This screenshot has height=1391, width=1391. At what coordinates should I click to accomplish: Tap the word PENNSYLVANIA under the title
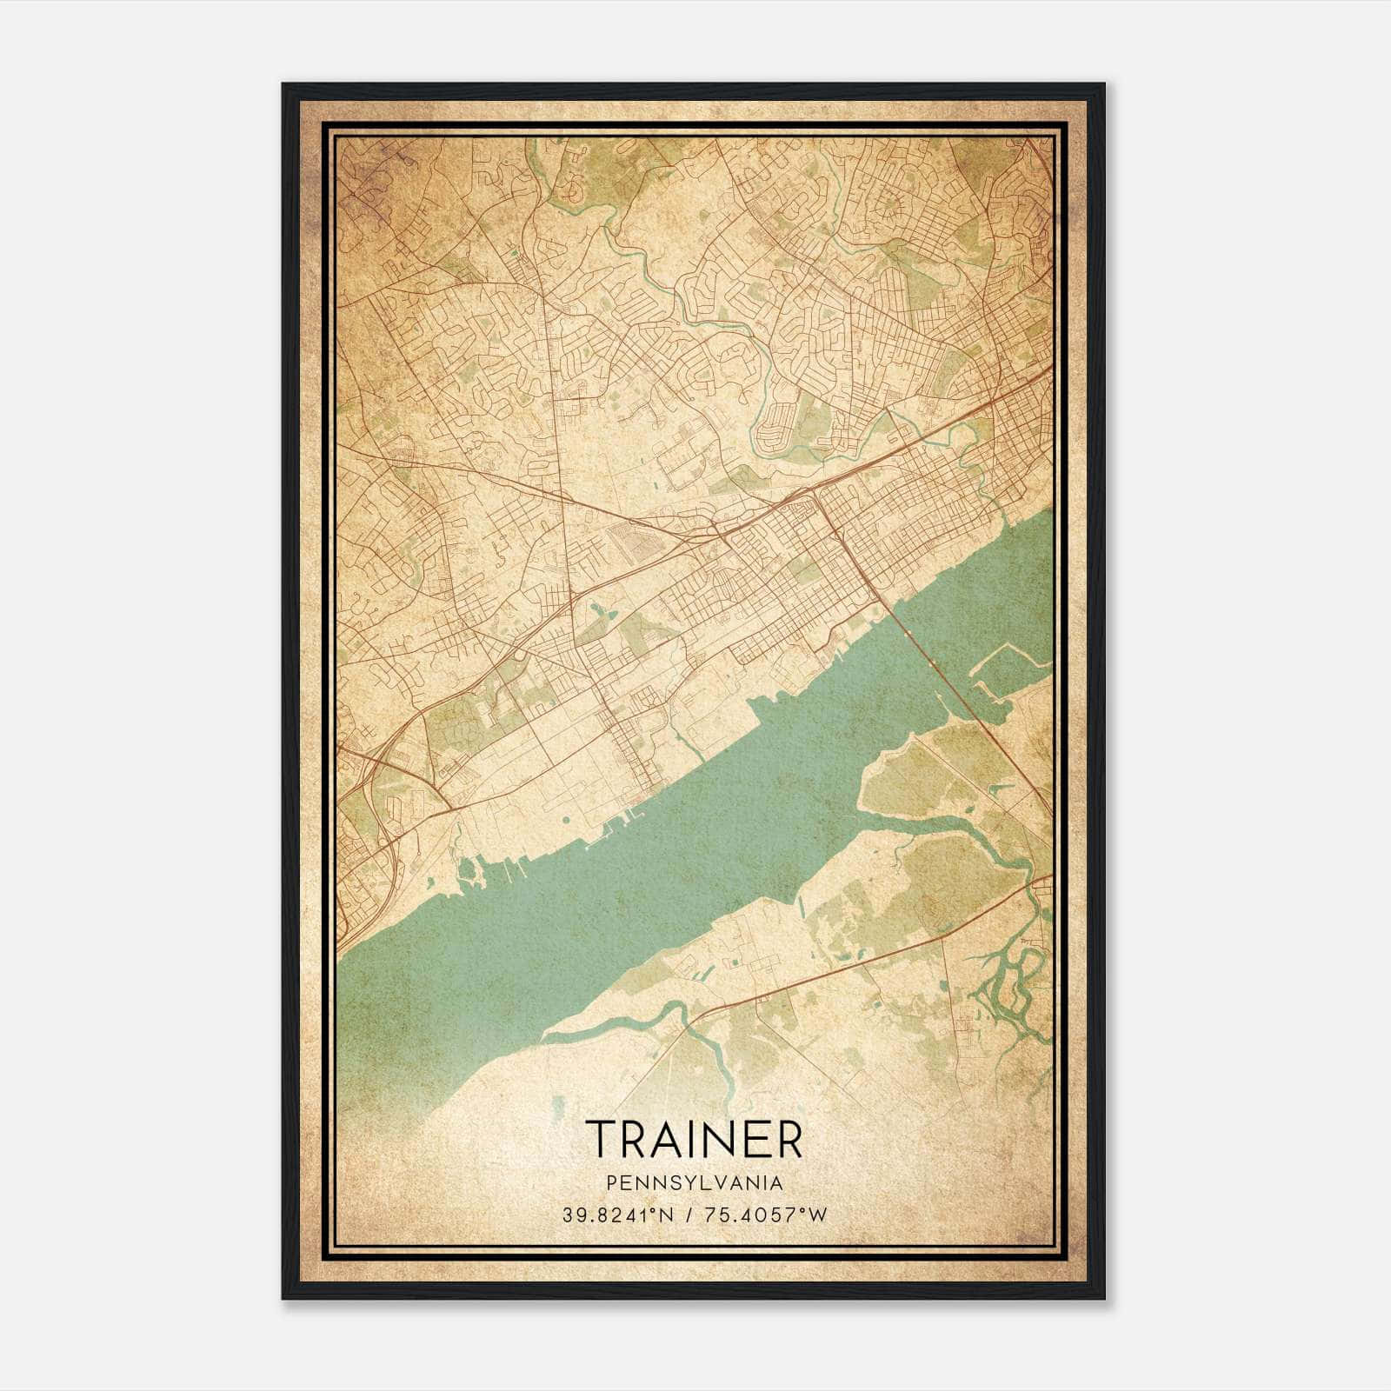(x=695, y=1183)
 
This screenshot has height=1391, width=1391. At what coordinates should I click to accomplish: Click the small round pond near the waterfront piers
(x=568, y=819)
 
